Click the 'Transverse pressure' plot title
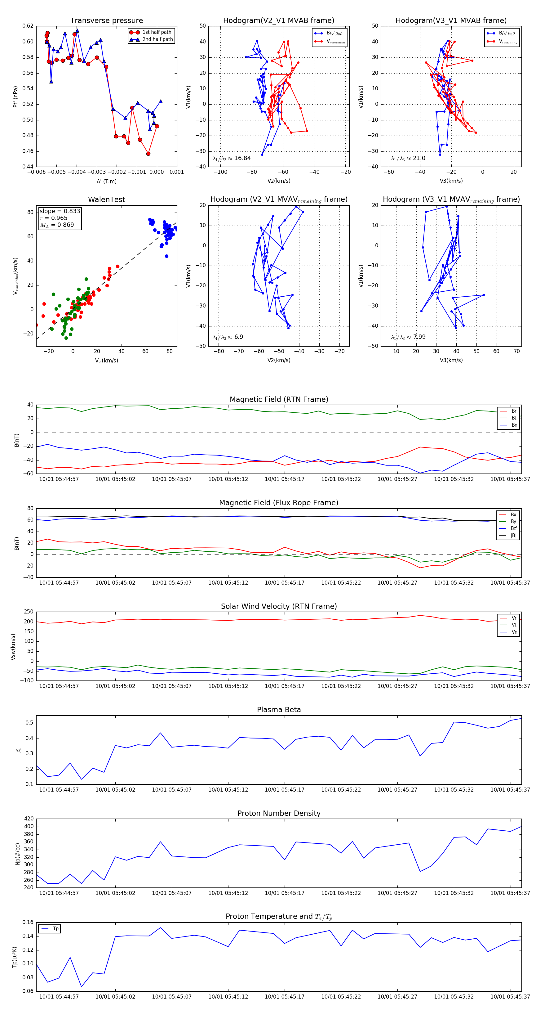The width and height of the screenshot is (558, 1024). coord(106,21)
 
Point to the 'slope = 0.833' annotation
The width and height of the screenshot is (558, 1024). coord(60,211)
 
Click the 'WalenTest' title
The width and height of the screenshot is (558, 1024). coord(106,200)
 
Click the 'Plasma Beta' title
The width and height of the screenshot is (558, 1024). coord(279,710)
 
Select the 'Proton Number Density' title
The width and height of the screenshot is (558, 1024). coord(279,813)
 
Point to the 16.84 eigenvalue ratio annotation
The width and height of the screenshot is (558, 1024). coord(232,158)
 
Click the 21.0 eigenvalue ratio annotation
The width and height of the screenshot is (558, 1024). coord(408,158)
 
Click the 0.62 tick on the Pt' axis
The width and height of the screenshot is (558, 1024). coord(28,26)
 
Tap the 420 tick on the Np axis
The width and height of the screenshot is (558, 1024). coord(29,819)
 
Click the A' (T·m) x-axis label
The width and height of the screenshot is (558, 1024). coord(106,181)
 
